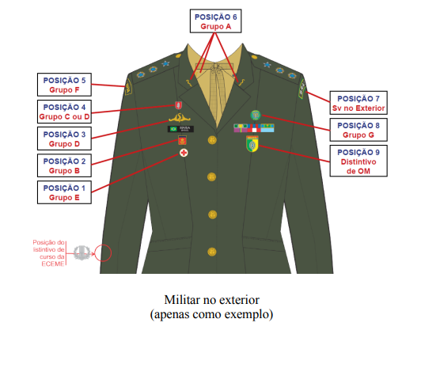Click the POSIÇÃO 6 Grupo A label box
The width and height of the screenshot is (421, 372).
(x=215, y=21)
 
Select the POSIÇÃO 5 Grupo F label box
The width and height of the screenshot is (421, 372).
(x=64, y=85)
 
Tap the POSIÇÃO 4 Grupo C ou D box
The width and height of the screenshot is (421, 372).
(x=64, y=112)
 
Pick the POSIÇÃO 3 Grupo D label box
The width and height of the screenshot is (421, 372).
(x=64, y=139)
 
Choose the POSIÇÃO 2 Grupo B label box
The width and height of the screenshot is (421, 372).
(x=64, y=165)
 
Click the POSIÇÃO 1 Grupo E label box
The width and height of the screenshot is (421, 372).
(x=64, y=192)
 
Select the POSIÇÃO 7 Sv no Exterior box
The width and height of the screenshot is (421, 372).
(x=358, y=103)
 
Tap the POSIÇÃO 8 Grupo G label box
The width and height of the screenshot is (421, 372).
(x=358, y=130)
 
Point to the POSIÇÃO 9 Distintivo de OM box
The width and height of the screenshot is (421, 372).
(x=358, y=161)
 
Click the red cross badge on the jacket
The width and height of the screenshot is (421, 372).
(x=184, y=153)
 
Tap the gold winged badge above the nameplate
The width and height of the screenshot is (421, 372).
(x=180, y=118)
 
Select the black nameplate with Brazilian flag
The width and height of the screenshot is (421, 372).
(x=180, y=129)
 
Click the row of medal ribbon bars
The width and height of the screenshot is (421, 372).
(x=254, y=128)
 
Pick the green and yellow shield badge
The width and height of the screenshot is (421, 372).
(x=252, y=144)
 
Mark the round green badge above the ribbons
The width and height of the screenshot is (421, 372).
(x=256, y=116)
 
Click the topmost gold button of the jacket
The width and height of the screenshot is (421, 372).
(x=212, y=140)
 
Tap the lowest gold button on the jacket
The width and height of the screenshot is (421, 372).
(x=212, y=252)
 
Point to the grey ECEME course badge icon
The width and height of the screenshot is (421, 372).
(x=82, y=252)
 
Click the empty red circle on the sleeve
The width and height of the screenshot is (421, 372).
(x=103, y=253)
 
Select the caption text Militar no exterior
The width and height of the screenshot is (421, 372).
(x=212, y=300)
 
